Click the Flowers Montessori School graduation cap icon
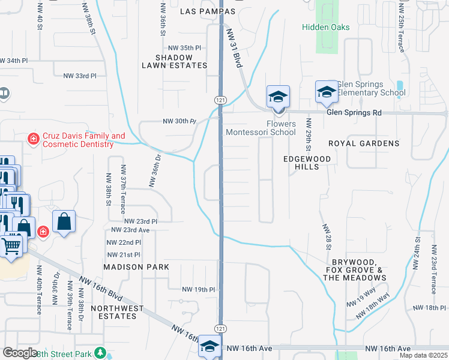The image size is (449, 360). click(x=279, y=96)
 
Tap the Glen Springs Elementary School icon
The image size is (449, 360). click(x=326, y=91)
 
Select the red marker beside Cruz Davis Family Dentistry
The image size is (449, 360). click(x=34, y=140)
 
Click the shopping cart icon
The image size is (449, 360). click(x=11, y=245)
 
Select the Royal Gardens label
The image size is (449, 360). click(x=364, y=143)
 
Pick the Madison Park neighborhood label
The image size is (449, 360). click(x=136, y=266)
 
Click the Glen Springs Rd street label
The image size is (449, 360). click(x=354, y=112)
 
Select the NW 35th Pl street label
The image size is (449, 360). click(x=184, y=47)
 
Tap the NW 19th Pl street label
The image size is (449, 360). click(x=199, y=289)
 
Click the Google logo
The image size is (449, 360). click(x=20, y=353)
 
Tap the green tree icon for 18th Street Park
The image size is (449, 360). click(x=101, y=353)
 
